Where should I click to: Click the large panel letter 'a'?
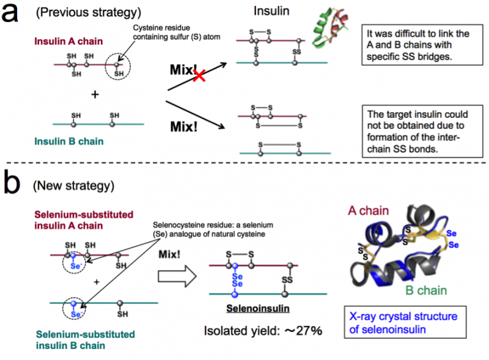tap(14, 13)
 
